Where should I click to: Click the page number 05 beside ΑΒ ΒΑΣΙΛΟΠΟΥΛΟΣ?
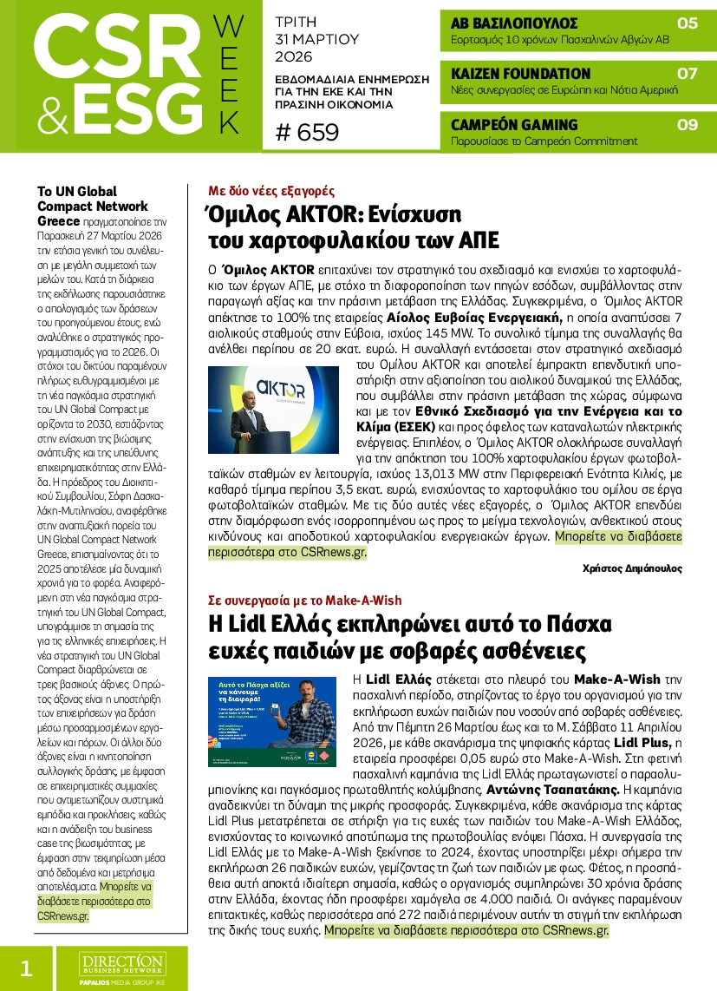coord(687,23)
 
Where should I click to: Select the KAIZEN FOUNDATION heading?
coord(521,74)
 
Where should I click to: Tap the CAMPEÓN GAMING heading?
coord(514,125)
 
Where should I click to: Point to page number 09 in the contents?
coord(687,125)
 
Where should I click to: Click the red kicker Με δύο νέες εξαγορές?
coord(271,191)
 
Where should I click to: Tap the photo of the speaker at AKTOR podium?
coord(273,410)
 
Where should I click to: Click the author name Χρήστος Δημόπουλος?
coord(632,568)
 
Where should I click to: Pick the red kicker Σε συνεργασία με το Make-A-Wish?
coord(305,600)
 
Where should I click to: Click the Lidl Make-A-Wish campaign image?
coord(273,720)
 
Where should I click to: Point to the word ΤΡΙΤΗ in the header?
coord(297,21)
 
